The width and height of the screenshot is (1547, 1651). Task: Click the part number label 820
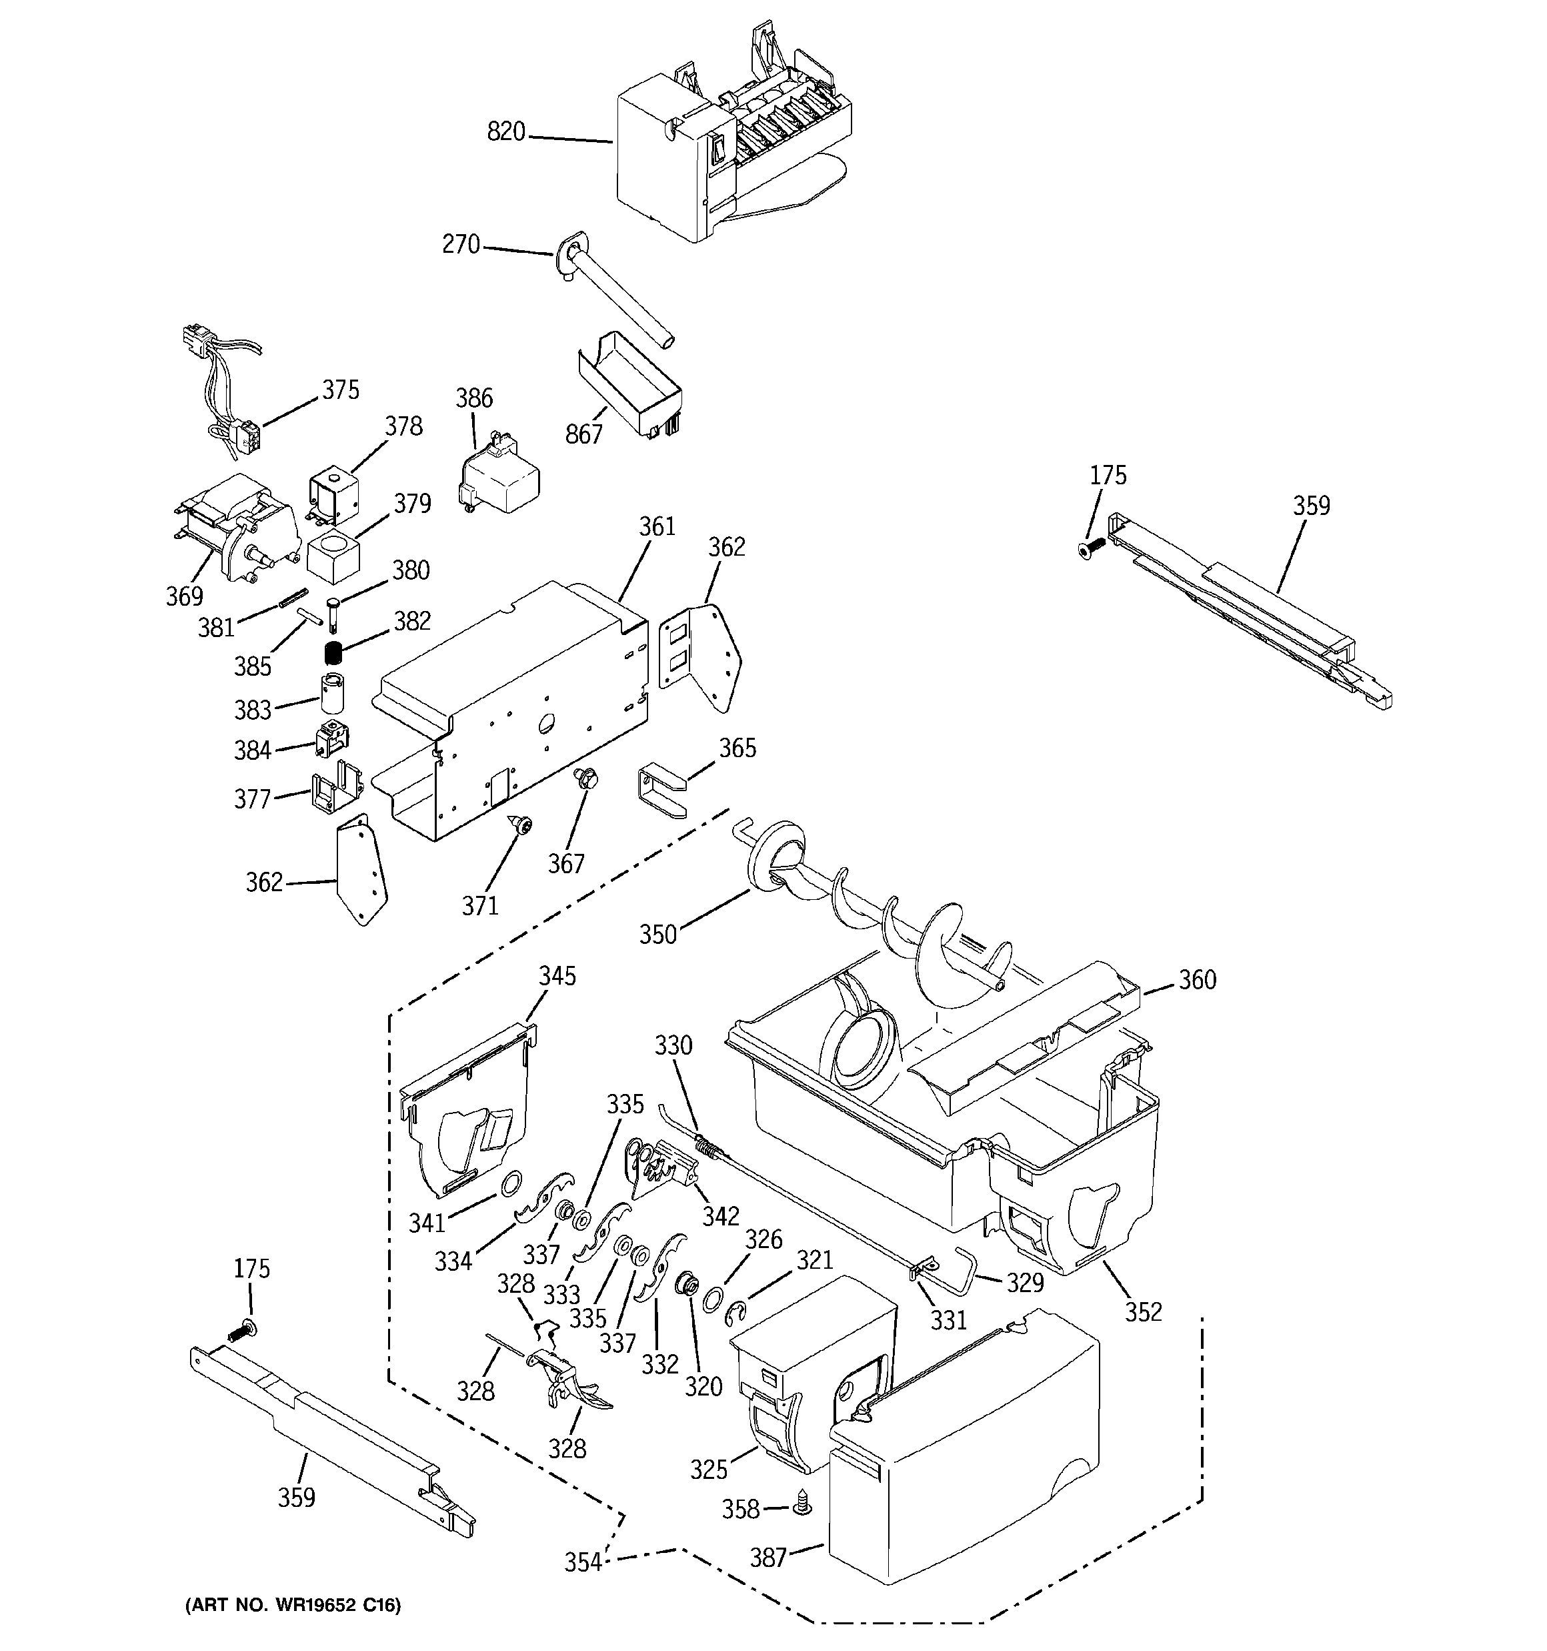(x=505, y=131)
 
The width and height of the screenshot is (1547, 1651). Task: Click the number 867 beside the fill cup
(x=583, y=434)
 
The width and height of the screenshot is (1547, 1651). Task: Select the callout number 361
(x=657, y=526)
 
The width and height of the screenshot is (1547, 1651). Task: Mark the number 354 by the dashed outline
(x=583, y=1562)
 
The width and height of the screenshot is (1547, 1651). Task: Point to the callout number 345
(x=557, y=975)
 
